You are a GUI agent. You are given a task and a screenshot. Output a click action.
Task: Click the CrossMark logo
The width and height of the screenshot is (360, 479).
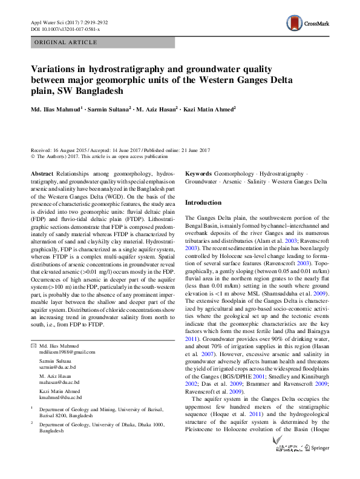click(x=308, y=24)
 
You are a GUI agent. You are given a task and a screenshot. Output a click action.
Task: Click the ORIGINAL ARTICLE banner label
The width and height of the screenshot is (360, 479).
click(x=66, y=42)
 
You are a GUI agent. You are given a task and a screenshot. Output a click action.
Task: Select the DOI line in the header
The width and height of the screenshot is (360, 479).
click(x=65, y=29)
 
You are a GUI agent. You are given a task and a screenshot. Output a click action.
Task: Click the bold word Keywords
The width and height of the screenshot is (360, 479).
click(x=198, y=173)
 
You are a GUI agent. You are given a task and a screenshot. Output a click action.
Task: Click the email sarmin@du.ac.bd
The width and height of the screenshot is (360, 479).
click(x=58, y=367)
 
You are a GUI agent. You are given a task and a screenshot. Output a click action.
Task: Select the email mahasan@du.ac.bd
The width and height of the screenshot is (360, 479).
click(x=59, y=383)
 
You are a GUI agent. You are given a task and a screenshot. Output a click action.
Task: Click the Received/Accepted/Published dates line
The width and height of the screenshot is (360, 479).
click(x=120, y=150)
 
